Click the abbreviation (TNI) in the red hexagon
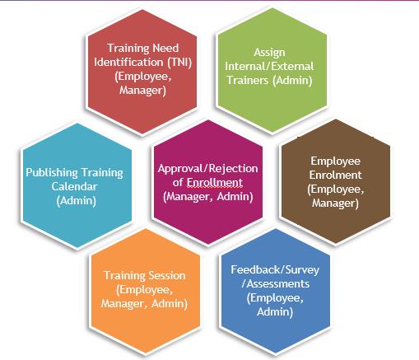[x=179, y=63]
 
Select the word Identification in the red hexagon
[x=128, y=62]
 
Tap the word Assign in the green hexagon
[x=269, y=53]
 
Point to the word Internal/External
[x=269, y=67]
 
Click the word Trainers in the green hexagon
[x=247, y=80]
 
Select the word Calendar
[x=74, y=187]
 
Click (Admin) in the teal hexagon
[x=77, y=201]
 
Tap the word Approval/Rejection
[x=207, y=169]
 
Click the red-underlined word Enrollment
[x=215, y=183]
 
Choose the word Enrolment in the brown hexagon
[x=335, y=175]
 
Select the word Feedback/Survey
[x=275, y=270]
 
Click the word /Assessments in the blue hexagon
[x=275, y=284]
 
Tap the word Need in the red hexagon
[x=165, y=49]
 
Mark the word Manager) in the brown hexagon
[x=335, y=203]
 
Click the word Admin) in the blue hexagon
[x=275, y=312]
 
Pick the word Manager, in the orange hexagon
[x=123, y=304]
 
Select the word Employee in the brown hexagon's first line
[x=335, y=161]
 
